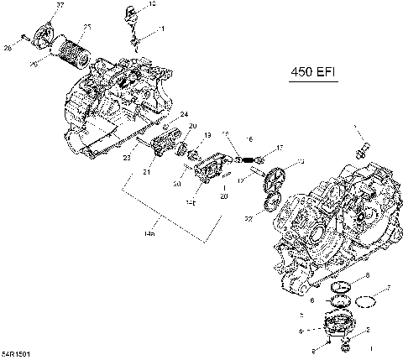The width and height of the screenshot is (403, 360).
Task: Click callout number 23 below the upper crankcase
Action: click(127, 157)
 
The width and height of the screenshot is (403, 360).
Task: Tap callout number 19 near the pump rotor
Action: click(207, 134)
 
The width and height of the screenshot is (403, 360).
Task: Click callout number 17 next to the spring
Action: click(279, 148)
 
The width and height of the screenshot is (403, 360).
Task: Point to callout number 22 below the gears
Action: click(249, 218)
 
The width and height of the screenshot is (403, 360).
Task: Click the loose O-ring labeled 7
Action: click(367, 300)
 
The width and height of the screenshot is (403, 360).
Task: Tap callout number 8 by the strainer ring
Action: click(366, 275)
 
